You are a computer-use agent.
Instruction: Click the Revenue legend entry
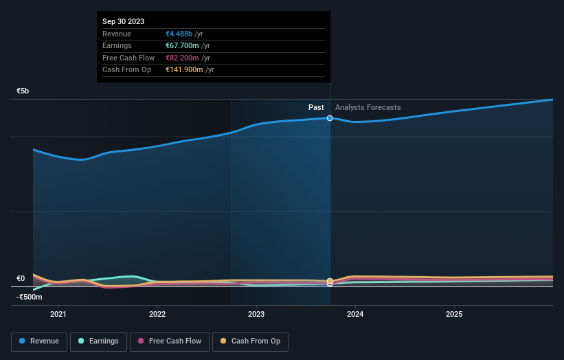tap(39, 341)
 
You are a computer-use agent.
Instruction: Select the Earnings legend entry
tap(98, 341)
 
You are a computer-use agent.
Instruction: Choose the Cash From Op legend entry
tap(250, 341)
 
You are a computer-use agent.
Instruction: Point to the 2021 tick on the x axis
tap(58, 314)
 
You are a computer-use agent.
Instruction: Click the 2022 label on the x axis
tap(157, 314)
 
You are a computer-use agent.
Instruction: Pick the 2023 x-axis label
tap(256, 314)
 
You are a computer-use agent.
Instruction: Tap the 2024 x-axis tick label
tap(355, 314)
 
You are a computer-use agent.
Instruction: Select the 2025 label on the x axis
tap(454, 314)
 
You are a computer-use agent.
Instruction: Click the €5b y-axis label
tap(23, 91)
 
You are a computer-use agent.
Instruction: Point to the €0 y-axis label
tap(21, 278)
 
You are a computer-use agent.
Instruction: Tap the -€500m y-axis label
tap(30, 297)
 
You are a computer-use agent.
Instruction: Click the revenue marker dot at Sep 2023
tap(330, 118)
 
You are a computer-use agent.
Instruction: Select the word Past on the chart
tap(316, 107)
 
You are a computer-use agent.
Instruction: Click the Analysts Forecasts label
tap(368, 107)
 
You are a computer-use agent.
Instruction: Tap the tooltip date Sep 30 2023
tap(124, 22)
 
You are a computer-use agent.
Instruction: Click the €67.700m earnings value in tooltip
tap(182, 46)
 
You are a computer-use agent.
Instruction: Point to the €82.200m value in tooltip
tap(182, 58)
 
